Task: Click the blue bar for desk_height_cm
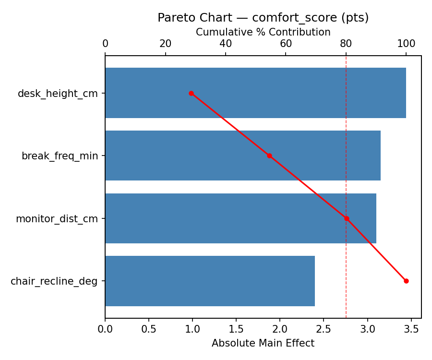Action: click(255, 93)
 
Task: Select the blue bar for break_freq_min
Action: click(242, 156)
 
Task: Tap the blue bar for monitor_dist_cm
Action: click(240, 218)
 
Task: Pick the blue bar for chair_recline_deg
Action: click(210, 281)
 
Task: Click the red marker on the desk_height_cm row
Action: click(191, 93)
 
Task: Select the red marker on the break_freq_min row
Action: click(269, 156)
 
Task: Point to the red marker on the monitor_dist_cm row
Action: click(347, 218)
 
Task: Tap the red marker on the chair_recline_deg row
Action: click(406, 281)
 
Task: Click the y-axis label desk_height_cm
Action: click(58, 94)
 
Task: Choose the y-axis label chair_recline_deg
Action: click(54, 281)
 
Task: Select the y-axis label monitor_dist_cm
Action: click(57, 219)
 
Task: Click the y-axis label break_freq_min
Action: click(60, 156)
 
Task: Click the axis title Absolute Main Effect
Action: click(263, 343)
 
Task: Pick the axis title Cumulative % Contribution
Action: click(263, 32)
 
